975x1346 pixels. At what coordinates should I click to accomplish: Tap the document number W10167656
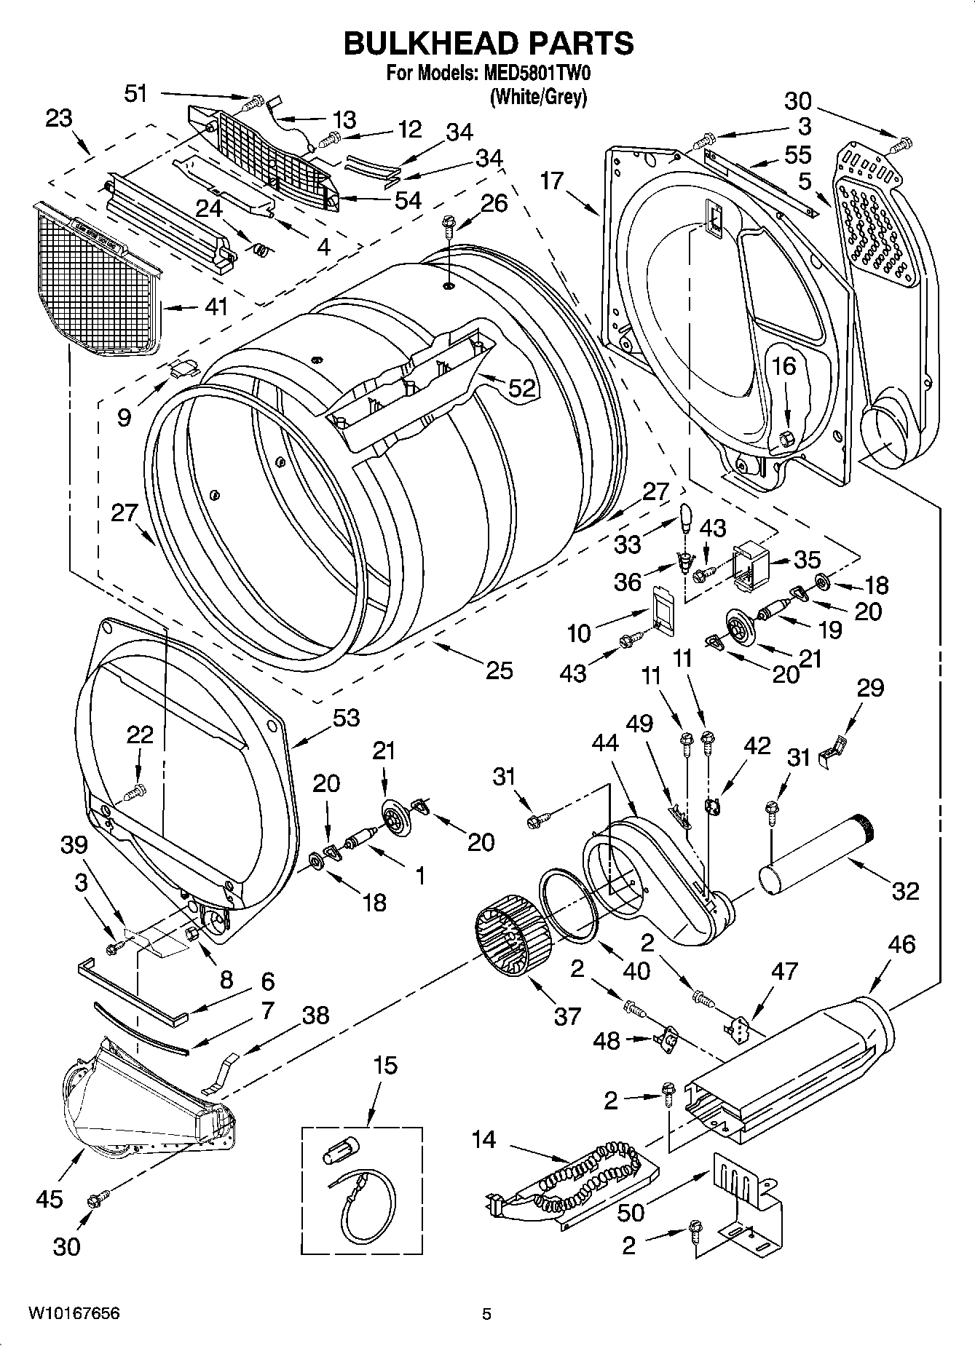[x=74, y=1313]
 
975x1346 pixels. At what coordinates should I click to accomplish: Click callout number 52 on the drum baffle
[x=521, y=388]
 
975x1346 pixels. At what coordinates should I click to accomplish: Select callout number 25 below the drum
[x=499, y=670]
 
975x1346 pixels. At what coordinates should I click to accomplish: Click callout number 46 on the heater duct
[x=901, y=946]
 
